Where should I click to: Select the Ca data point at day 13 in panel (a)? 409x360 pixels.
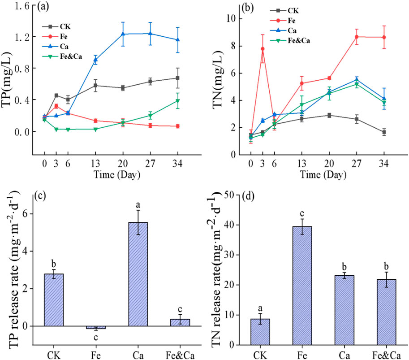coord(95,60)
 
